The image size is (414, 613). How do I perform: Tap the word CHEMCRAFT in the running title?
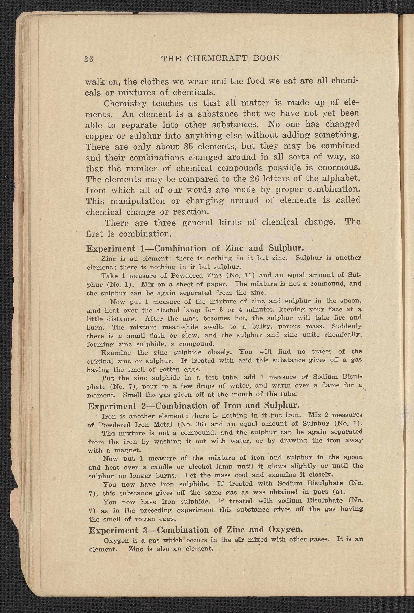click(x=216, y=58)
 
